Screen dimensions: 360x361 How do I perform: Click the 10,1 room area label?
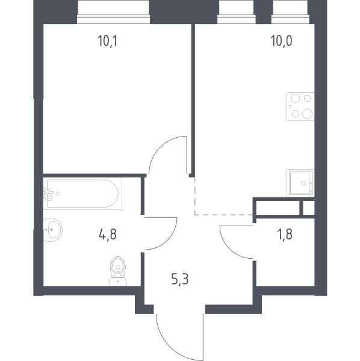tap(108, 41)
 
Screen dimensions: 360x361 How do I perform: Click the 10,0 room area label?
tap(281, 41)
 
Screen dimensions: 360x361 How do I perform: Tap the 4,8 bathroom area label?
tap(108, 235)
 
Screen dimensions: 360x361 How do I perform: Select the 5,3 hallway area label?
tap(180, 279)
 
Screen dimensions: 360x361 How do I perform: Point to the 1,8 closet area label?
tap(285, 235)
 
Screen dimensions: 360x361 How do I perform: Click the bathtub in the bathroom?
tap(82, 193)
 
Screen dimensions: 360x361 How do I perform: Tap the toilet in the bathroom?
tap(118, 271)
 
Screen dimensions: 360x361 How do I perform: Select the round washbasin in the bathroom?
tap(53, 230)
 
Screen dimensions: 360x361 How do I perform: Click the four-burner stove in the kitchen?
tap(300, 106)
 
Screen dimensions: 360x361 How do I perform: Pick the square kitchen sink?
tap(300, 183)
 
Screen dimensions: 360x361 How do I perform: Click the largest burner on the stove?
tap(307, 114)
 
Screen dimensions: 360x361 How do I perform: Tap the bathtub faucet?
tap(49, 194)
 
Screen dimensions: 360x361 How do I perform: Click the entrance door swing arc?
tap(170, 345)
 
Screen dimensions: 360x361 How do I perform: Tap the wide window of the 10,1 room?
tap(113, 12)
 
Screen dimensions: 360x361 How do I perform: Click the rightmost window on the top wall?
tap(290, 12)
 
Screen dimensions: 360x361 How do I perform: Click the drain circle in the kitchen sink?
tap(303, 184)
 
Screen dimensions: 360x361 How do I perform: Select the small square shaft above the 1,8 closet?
tap(308, 208)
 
